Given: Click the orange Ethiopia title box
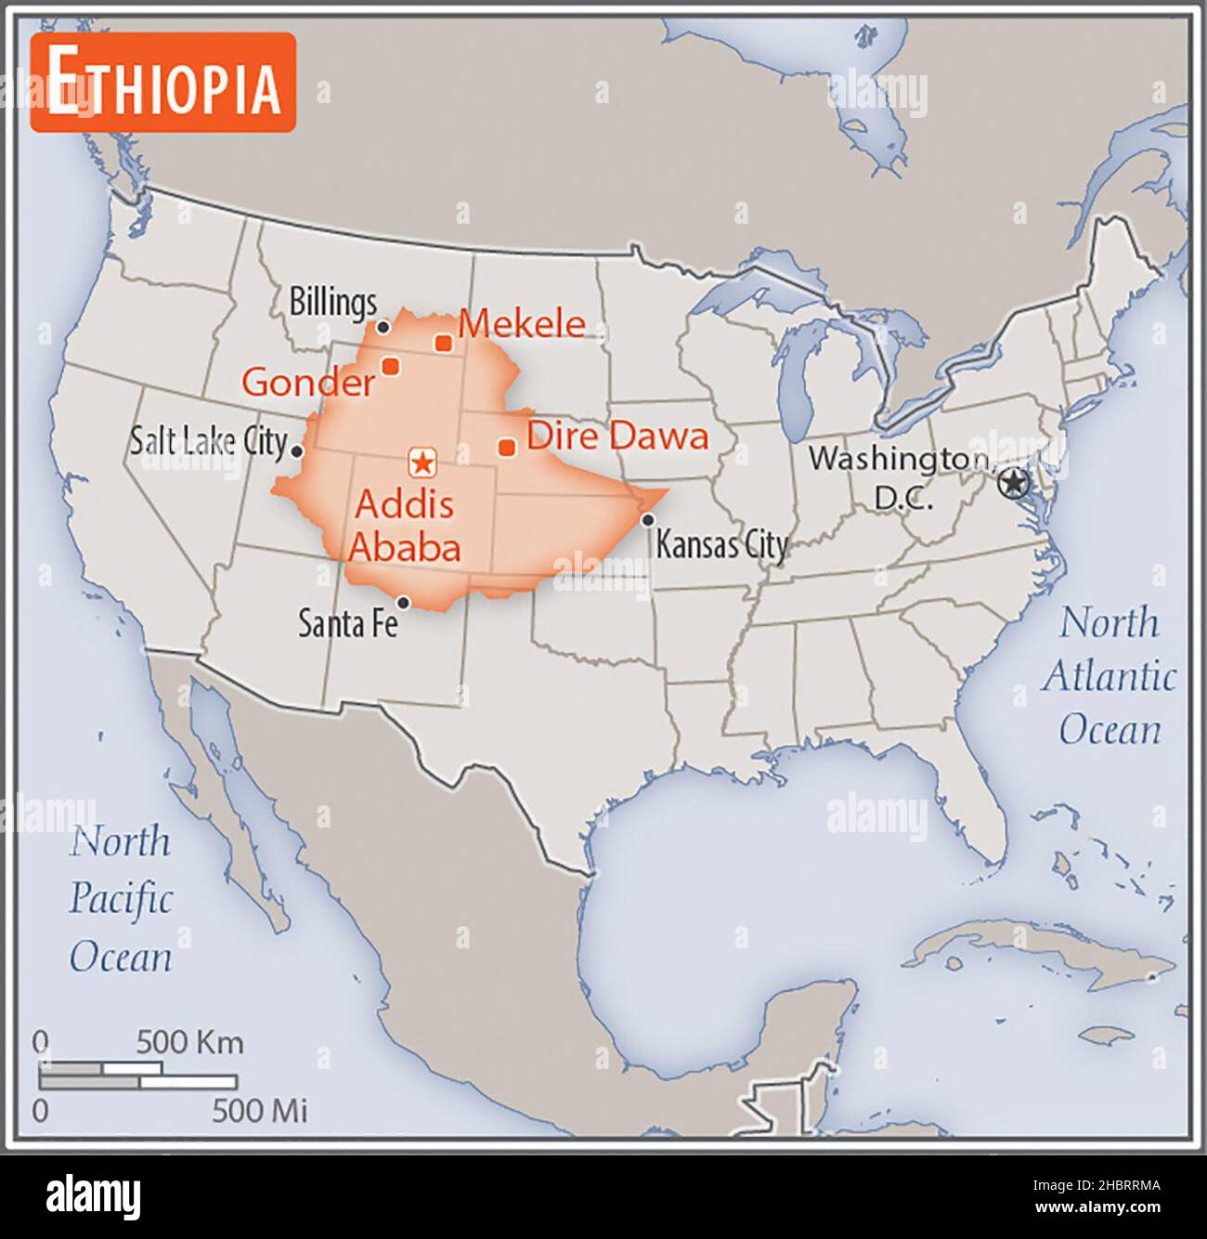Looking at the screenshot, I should pos(162,83).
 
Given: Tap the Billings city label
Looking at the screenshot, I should pos(332,302).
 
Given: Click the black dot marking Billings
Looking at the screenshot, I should pos(383,327).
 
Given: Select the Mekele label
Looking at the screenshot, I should pos(523,323).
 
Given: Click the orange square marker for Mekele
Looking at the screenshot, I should pos(444,343).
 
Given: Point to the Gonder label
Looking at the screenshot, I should pos(307,382).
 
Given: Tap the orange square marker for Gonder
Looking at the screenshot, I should pos(391,366).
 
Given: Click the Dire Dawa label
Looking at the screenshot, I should pos(617,436).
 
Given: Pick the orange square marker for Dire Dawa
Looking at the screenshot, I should pos(507,448).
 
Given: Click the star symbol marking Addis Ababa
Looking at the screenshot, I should pos(423,461).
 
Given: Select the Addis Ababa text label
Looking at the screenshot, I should pos(405,526).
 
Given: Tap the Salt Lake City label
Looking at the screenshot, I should pos(208,440).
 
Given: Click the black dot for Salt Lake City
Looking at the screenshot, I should pos(297,451).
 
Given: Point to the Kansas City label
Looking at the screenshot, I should pos(721,545).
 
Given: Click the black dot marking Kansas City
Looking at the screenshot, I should pos(648,519).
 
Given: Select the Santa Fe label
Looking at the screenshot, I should pos(347,623).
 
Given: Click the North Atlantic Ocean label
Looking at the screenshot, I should pos(1109,676).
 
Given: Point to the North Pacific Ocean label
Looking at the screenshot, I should pos(121,898).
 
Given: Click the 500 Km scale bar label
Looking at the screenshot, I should pos(189,1042).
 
